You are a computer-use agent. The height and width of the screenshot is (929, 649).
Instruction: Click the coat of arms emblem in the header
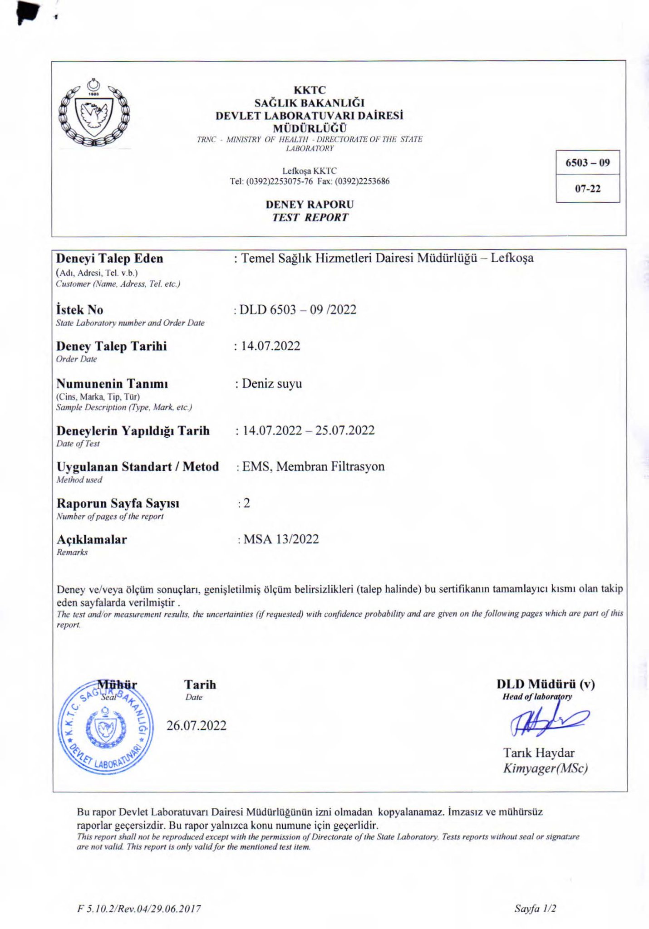click(94, 113)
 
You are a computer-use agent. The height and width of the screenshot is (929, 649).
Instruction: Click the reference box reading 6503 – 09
click(587, 163)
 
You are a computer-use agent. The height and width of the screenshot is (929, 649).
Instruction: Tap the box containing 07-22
click(588, 189)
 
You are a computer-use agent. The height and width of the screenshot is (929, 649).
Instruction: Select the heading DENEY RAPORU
click(310, 205)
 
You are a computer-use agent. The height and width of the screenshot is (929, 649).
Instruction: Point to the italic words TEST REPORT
click(310, 217)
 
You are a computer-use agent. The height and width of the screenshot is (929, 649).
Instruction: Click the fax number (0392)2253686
click(362, 181)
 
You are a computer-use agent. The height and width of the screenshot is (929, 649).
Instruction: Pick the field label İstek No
click(79, 310)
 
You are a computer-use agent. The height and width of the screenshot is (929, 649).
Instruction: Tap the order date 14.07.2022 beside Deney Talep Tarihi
click(270, 346)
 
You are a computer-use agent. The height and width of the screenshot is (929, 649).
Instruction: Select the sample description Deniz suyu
click(271, 384)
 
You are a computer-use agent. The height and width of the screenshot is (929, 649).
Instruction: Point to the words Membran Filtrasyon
click(330, 466)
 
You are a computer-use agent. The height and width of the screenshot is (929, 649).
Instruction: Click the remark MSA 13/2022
click(281, 539)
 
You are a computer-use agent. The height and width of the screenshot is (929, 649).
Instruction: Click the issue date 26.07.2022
click(196, 726)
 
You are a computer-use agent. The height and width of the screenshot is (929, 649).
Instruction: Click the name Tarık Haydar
click(539, 753)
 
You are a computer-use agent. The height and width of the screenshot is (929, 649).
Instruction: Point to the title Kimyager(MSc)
click(546, 768)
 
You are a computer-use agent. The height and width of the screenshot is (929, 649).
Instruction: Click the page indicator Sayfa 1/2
click(535, 908)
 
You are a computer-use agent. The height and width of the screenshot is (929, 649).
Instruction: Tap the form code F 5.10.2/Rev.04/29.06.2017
click(139, 909)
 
